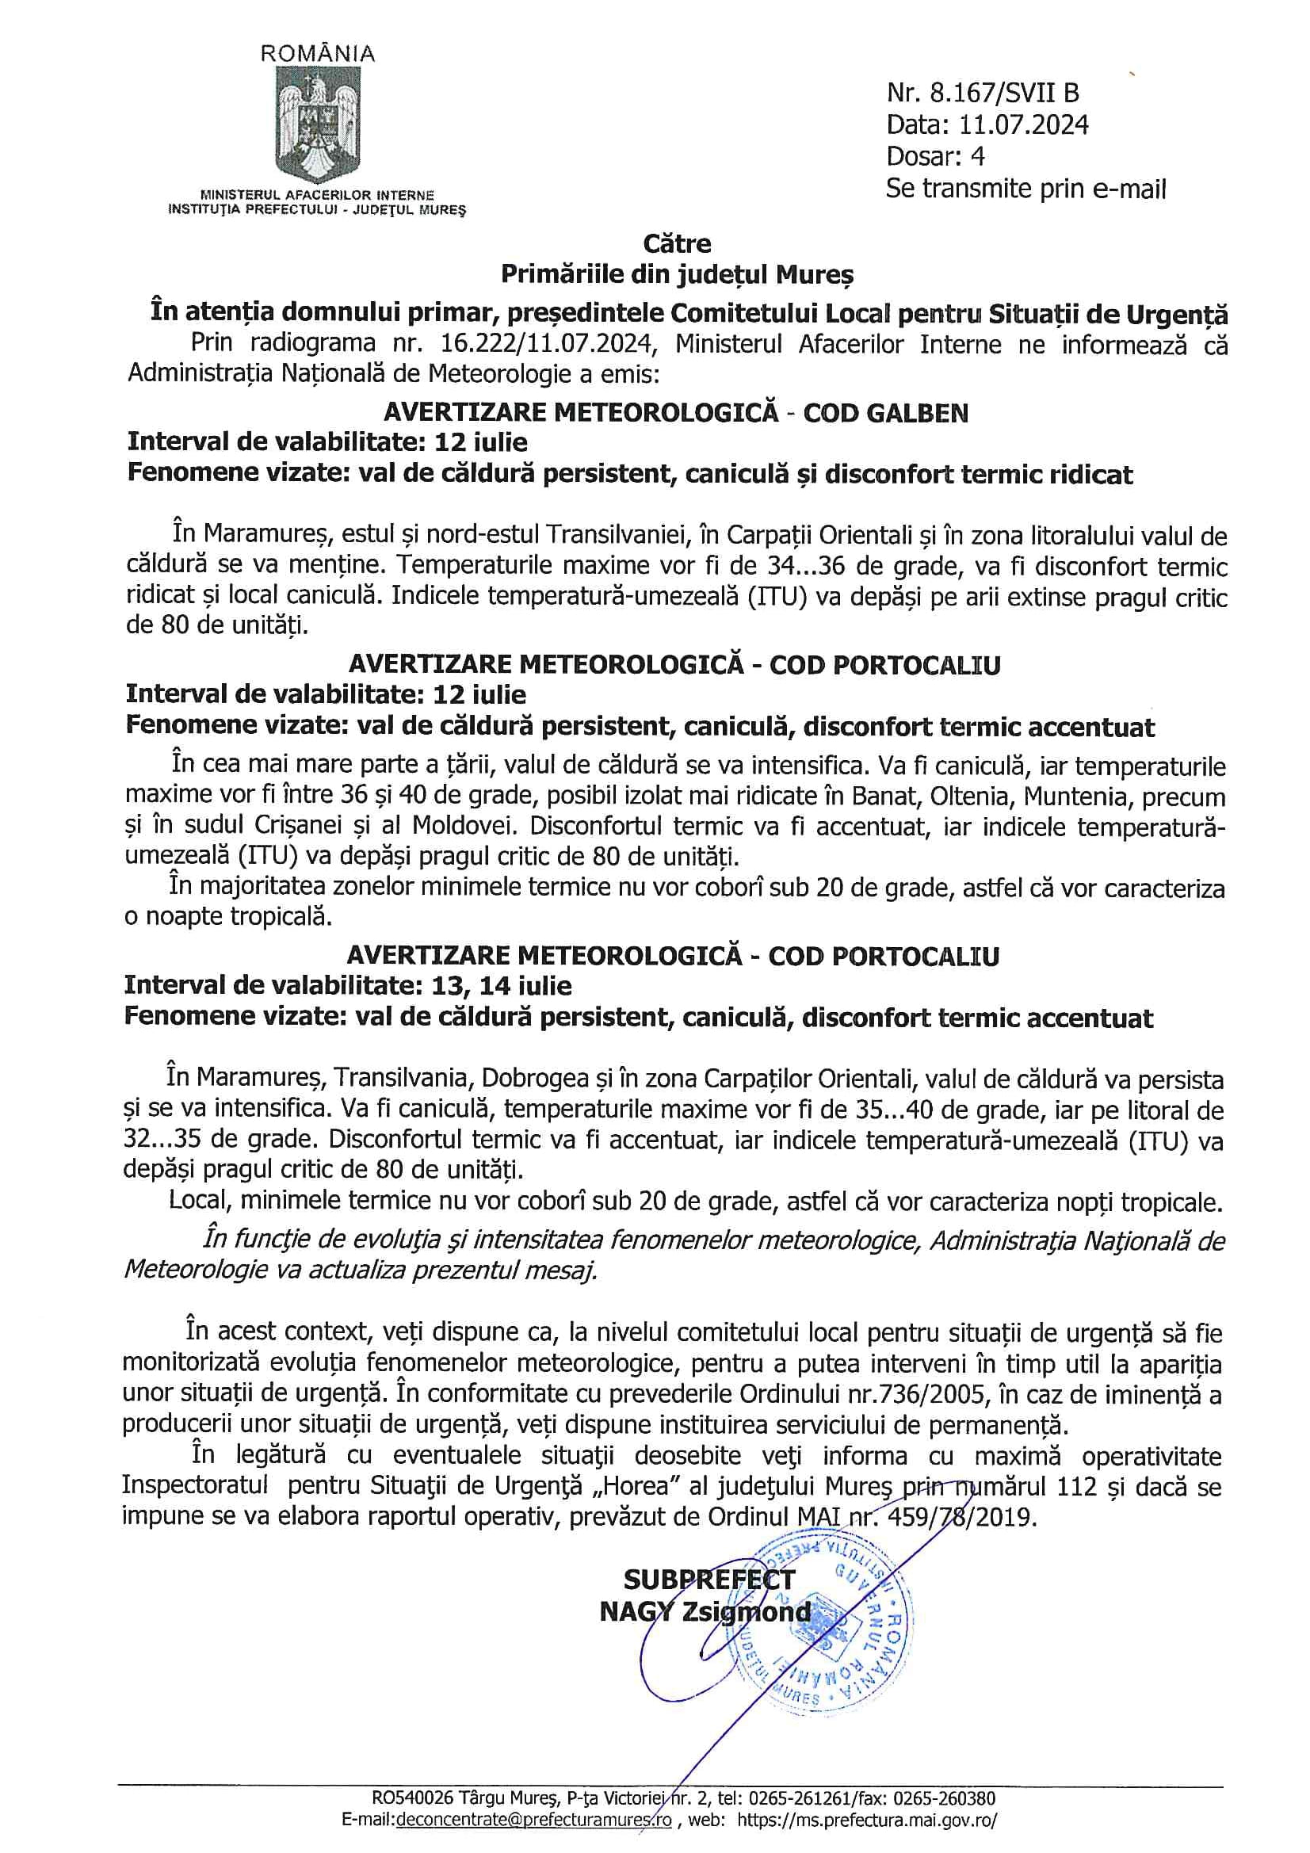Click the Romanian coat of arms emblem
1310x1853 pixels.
pyautogui.click(x=317, y=124)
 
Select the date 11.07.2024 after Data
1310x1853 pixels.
pyautogui.click(x=1023, y=125)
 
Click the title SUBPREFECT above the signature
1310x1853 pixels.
pyautogui.click(x=708, y=1579)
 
